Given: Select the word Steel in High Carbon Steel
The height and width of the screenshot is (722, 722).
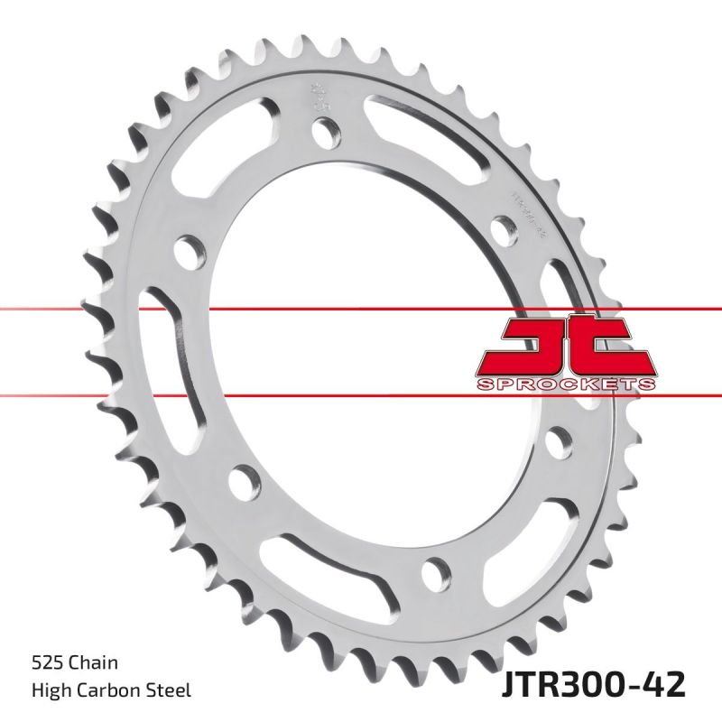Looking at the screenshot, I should click(x=170, y=690).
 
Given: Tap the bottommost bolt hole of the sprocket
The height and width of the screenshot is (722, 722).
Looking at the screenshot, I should click(x=435, y=570).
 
